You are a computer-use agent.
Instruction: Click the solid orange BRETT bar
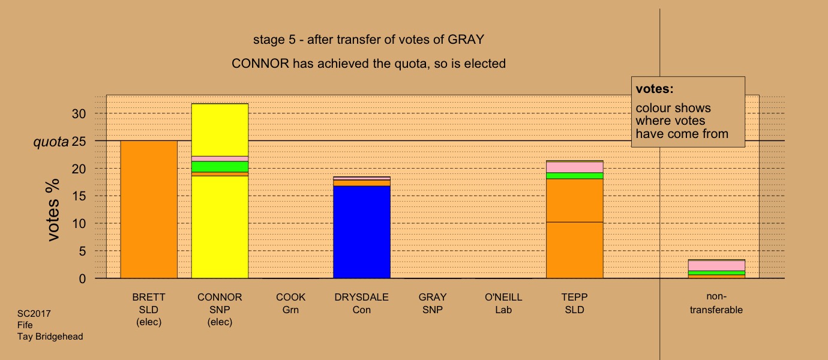pos(149,209)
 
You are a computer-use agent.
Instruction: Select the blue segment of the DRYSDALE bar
pos(362,232)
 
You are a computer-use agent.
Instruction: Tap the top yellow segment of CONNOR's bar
pos(220,130)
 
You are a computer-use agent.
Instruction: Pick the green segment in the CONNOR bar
pos(220,167)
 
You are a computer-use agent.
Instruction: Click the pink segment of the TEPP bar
pos(575,167)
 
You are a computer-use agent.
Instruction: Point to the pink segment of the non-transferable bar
pos(716,266)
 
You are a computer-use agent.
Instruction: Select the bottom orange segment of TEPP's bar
pos(575,250)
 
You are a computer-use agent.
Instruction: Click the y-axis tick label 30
pos(79,114)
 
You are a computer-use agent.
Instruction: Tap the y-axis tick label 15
pos(79,196)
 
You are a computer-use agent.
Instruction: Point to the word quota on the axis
pos(51,142)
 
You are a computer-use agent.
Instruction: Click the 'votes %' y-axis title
pos(53,210)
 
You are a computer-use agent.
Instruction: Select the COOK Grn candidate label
pos(290,304)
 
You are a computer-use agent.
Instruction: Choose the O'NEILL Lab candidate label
pos(503,304)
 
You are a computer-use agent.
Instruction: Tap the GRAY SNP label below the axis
pos(433,304)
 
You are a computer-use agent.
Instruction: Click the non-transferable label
pos(716,303)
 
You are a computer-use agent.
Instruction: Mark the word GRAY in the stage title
pos(466,40)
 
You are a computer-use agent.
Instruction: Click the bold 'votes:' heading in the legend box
pos(655,89)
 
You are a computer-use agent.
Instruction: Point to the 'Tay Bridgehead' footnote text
pos(50,337)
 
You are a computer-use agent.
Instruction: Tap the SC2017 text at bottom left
pos(34,314)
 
